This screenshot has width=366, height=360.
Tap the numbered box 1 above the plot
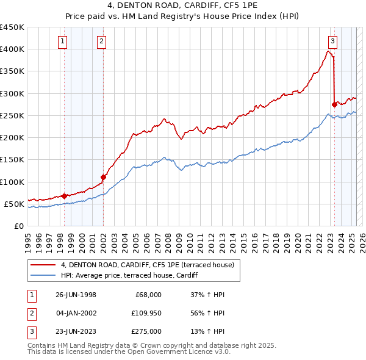63,41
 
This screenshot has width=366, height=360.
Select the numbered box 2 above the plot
101,41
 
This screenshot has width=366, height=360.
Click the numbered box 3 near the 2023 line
332,41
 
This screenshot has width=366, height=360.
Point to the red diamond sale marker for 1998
65,196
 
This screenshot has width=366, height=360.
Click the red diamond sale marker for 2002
103,178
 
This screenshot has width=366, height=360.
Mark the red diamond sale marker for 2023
334,104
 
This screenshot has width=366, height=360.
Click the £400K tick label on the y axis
12,49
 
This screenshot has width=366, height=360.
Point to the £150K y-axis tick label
12,160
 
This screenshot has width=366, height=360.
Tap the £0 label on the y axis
18,226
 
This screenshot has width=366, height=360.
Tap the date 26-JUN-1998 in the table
76,295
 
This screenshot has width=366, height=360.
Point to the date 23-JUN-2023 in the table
76,331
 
